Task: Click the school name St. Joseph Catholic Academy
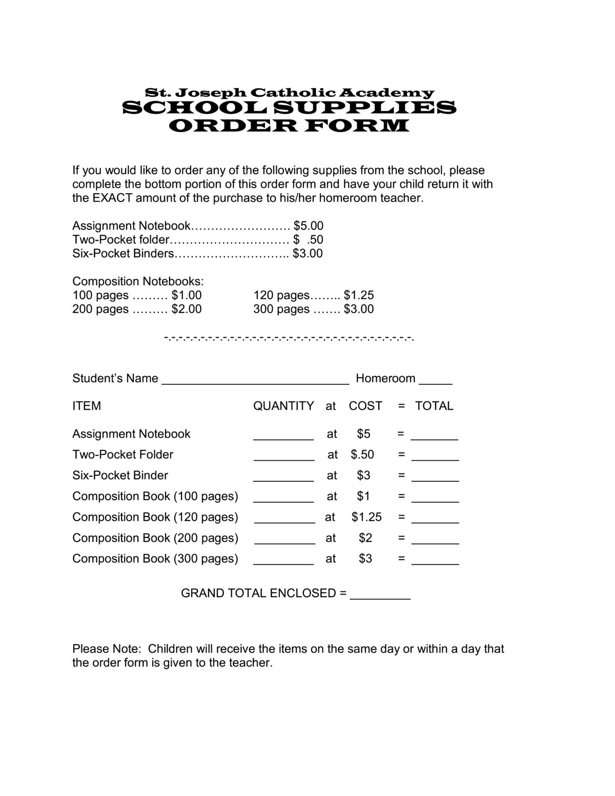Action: coord(290,93)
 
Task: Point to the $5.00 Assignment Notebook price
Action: coord(309,226)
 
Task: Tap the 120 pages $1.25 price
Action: coord(359,295)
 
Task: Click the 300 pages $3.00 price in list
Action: coord(359,309)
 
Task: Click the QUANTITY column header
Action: coord(283,406)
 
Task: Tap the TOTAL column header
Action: coord(434,406)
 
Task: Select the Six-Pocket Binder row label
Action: coord(120,475)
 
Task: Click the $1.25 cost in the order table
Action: coord(366,517)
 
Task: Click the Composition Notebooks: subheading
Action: coord(138,281)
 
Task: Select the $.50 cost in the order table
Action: coord(362,454)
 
